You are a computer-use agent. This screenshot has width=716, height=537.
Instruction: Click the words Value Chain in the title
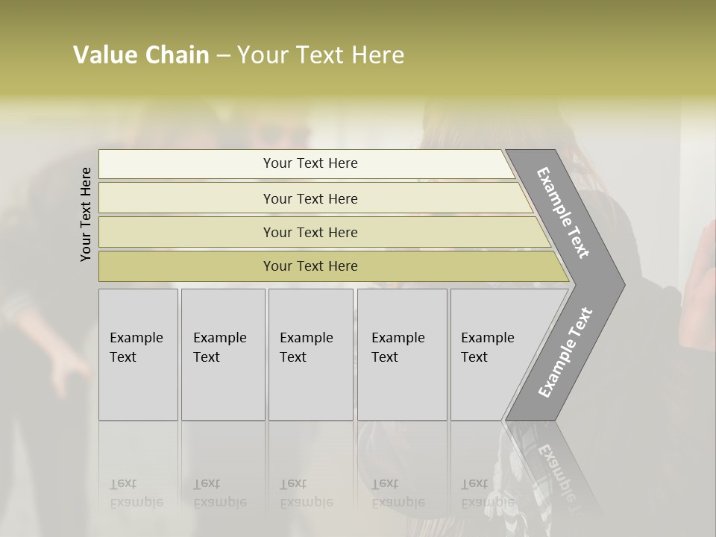[141, 55]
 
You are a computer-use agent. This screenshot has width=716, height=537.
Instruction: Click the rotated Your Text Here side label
[86, 214]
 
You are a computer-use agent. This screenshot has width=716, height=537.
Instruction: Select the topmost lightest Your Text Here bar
[310, 163]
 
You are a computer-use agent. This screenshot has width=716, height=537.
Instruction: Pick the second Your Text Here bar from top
[310, 198]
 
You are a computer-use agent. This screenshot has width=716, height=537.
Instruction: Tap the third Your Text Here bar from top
[310, 232]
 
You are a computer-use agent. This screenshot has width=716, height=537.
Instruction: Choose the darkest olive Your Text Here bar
[310, 266]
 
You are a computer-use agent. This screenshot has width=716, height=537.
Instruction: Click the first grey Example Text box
[138, 354]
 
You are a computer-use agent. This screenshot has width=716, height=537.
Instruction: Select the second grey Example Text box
[222, 354]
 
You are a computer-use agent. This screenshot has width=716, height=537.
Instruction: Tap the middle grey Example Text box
[310, 354]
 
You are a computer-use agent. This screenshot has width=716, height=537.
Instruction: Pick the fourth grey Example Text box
[402, 354]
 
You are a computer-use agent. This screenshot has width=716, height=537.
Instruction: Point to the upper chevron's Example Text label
[563, 213]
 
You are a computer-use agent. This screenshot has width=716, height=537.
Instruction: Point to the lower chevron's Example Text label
[565, 353]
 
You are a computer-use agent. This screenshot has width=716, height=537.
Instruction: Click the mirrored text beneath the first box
[136, 493]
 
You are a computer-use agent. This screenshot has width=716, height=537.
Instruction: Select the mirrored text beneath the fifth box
[487, 493]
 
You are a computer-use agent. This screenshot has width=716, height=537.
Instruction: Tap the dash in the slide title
[223, 56]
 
